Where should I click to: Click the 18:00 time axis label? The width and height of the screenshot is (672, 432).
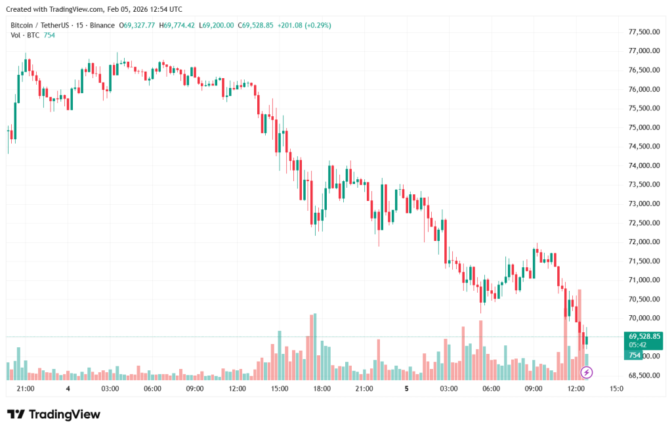[322, 389]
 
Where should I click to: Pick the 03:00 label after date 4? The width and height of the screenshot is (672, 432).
[110, 389]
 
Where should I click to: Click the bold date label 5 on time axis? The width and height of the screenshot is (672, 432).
[406, 389]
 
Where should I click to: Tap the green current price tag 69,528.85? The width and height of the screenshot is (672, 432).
[643, 336]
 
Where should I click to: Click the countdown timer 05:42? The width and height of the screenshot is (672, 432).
[638, 345]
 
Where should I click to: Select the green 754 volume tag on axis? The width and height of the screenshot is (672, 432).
[635, 355]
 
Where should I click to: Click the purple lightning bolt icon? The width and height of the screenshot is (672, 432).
[587, 372]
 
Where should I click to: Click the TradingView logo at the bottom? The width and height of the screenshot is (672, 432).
[54, 414]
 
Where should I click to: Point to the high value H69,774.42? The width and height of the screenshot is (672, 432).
[179, 26]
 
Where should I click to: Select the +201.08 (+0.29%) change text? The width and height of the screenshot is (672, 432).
[304, 26]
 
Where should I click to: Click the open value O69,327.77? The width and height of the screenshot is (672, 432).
[136, 26]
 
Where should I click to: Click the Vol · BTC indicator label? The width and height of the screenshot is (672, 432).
[25, 35]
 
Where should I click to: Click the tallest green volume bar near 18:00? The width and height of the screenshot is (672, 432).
[315, 347]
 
